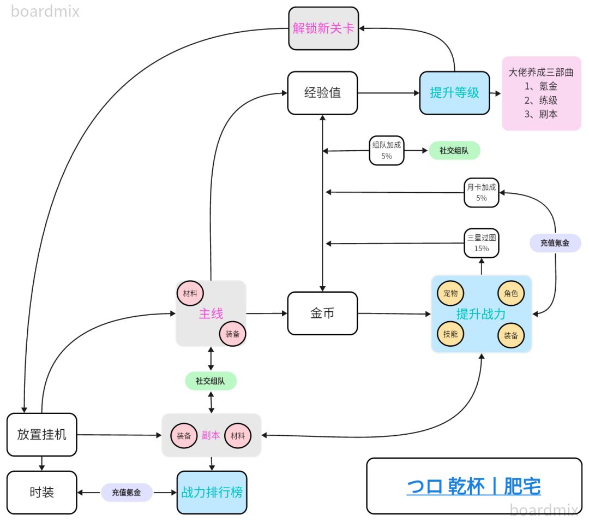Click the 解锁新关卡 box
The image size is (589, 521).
pos(323,28)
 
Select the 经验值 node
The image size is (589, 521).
pos(322,93)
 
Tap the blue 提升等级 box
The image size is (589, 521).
pos(454,93)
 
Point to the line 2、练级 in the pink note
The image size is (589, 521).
pos(541,100)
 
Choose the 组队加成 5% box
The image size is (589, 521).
pos(387,150)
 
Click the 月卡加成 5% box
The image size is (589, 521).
pos(481,192)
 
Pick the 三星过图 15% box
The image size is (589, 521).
pos(481,243)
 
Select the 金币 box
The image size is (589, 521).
pos(322,313)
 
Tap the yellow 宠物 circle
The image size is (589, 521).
pos(450,293)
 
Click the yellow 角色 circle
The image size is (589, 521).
pos(511,293)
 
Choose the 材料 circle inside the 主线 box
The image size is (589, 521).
pos(190,293)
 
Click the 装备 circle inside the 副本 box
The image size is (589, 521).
pos(184,436)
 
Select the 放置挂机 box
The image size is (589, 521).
pos(42,435)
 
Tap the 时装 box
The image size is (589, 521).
pos(42,492)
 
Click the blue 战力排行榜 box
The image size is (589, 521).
pos(212,492)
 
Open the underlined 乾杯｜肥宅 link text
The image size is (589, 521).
pos(473,486)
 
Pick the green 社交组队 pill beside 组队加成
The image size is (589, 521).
pos(454,150)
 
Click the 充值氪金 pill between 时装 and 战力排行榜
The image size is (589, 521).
pos(127,492)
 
